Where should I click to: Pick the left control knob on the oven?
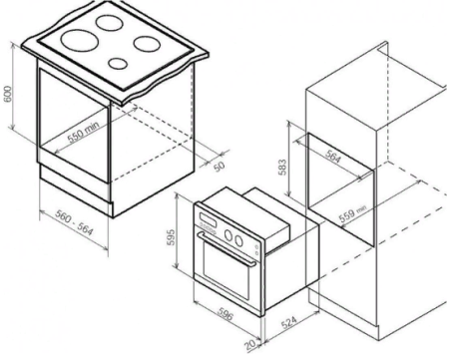tap(236, 236)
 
